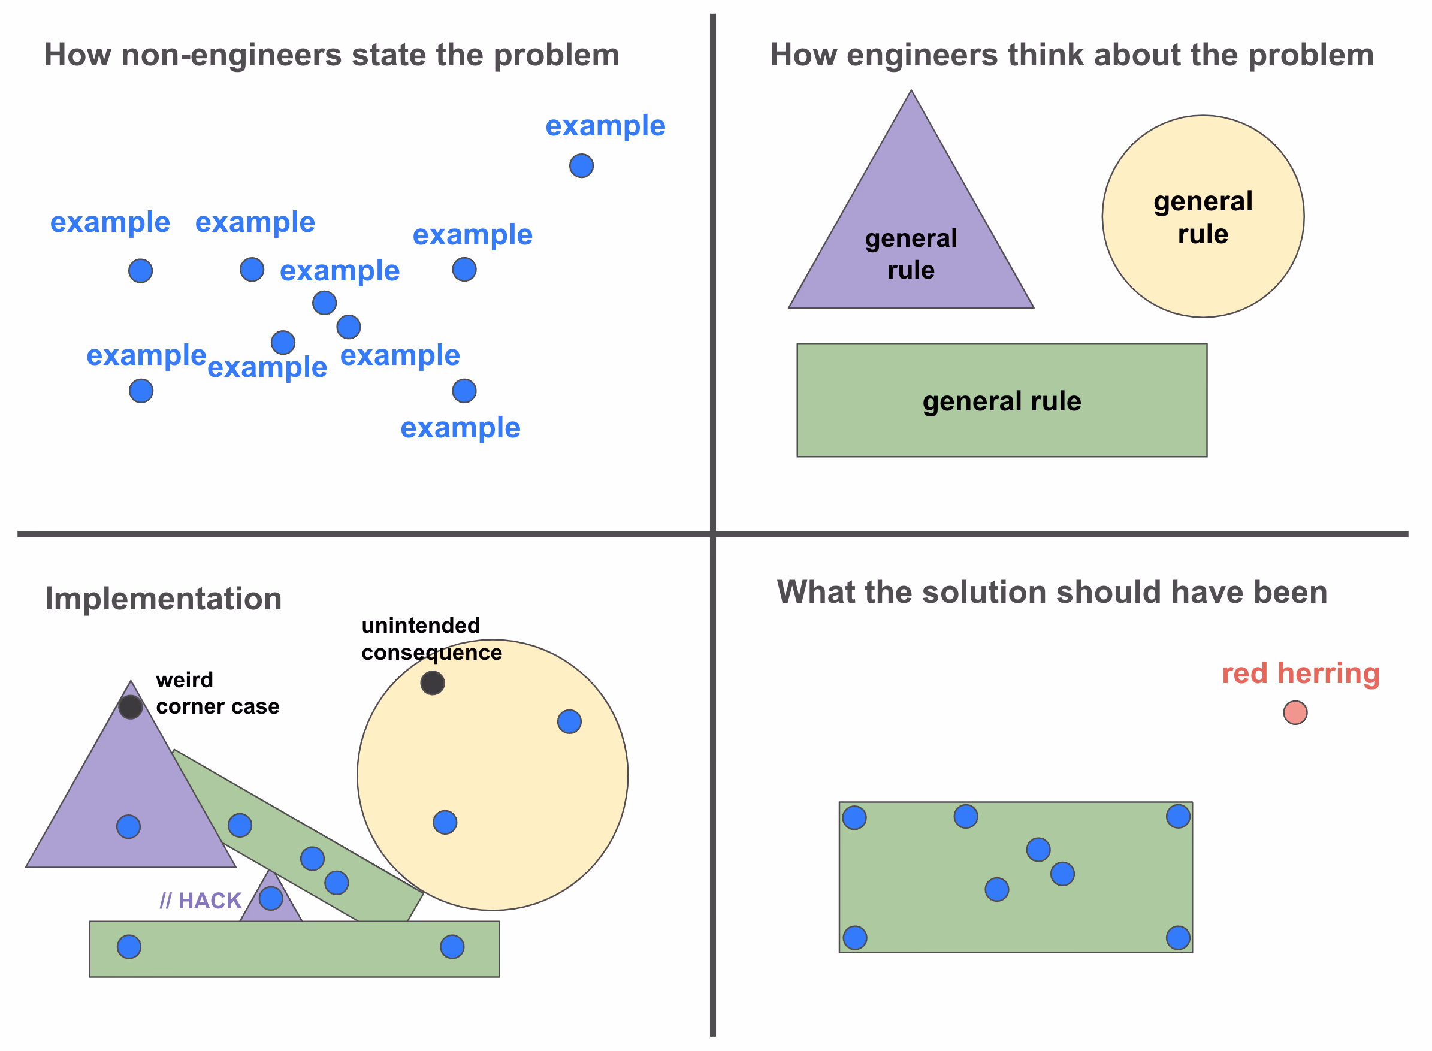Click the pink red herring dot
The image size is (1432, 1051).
pyautogui.click(x=1295, y=712)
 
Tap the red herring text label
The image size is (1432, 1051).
pyautogui.click(x=1300, y=674)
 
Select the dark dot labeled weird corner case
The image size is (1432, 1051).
pyautogui.click(x=131, y=707)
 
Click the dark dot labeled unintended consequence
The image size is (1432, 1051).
pyautogui.click(x=433, y=683)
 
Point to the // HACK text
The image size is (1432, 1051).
pyautogui.click(x=200, y=901)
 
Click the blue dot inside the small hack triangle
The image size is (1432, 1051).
pyautogui.click(x=271, y=898)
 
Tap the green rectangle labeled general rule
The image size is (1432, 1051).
pyautogui.click(x=1001, y=400)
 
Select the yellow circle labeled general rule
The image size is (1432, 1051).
pyautogui.click(x=1203, y=216)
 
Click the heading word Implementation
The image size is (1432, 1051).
pyautogui.click(x=163, y=599)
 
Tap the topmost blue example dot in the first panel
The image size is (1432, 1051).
pyautogui.click(x=581, y=166)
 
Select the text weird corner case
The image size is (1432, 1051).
pyautogui.click(x=217, y=693)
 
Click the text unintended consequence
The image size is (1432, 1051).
pyautogui.click(x=431, y=639)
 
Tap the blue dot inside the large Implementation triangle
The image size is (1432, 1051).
pyautogui.click(x=128, y=827)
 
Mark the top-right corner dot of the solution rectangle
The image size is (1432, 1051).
pyautogui.click(x=1178, y=816)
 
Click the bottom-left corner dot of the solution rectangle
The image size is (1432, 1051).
pyautogui.click(x=855, y=938)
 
